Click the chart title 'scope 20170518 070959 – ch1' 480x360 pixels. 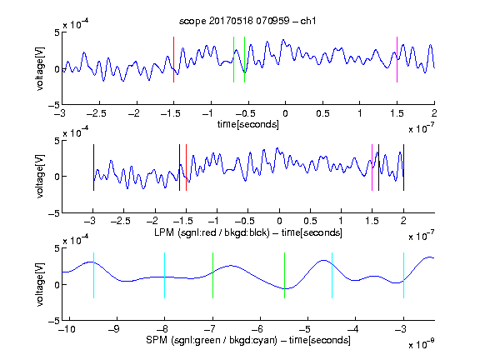(247, 21)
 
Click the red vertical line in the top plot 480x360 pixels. (173, 59)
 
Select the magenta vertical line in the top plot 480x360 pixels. (397, 59)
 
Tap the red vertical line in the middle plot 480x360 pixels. (186, 167)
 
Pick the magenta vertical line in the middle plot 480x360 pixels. (372, 167)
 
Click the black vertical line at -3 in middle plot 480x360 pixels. (93, 167)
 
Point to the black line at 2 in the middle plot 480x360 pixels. (403, 167)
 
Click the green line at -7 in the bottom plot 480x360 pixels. (212, 275)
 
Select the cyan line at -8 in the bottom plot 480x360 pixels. (165, 275)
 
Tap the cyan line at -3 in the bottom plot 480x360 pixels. (403, 275)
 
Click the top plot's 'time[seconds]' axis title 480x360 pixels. (248, 124)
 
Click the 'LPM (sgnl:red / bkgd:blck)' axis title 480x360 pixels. (212, 232)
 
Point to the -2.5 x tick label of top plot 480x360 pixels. (97, 113)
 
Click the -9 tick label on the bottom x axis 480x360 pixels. (114, 329)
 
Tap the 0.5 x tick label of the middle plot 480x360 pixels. (310, 221)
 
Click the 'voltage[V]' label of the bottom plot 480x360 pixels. (40, 284)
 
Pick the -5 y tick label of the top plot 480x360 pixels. (54, 105)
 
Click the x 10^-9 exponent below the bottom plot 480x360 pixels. (422, 343)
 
